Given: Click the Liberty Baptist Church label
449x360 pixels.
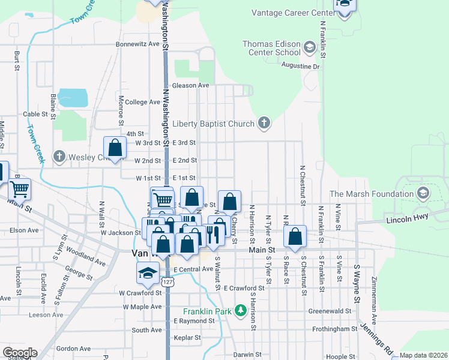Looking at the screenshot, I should [213, 124].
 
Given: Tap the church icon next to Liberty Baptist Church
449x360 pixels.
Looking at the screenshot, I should [263, 124].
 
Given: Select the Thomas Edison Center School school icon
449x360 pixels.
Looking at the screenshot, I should [310, 47].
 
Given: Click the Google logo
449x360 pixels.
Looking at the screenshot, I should [19, 353].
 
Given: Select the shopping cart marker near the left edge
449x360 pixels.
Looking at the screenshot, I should [19, 189].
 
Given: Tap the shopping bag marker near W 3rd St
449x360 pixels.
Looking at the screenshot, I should [115, 148].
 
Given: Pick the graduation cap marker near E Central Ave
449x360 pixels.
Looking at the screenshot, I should [148, 273].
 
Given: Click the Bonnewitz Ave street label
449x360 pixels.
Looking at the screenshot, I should [137, 44].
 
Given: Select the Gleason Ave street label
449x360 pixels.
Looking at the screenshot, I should [191, 85].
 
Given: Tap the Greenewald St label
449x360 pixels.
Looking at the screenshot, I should [330, 311].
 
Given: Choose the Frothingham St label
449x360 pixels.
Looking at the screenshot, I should [334, 329].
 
